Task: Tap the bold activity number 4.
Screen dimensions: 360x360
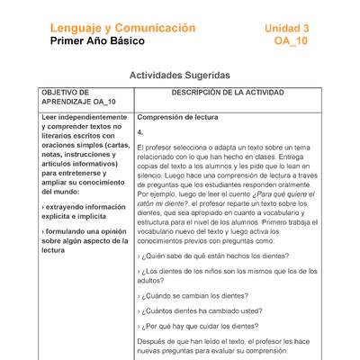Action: click(x=140, y=131)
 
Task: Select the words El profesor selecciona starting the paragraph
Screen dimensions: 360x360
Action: click(x=175, y=148)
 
